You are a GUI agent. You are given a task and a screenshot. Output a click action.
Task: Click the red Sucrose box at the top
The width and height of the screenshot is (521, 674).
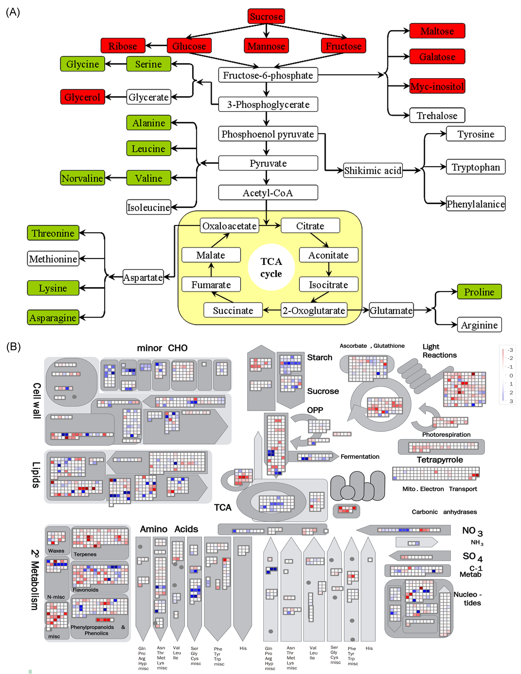[266, 16]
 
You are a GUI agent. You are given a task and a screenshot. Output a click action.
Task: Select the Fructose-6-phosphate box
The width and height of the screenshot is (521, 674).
[268, 75]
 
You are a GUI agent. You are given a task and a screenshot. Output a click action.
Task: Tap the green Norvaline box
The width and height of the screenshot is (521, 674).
[83, 178]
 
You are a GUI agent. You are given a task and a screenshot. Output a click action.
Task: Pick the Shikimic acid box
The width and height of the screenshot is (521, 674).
[373, 170]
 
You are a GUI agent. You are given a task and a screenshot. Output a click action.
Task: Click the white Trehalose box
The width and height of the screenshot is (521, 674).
[437, 115]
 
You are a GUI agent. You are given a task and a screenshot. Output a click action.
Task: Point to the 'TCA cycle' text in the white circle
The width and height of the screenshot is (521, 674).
[271, 267]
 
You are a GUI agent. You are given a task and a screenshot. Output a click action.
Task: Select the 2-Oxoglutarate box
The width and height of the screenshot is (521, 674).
[314, 311]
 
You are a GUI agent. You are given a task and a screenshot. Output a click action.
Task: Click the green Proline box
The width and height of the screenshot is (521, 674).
[479, 292]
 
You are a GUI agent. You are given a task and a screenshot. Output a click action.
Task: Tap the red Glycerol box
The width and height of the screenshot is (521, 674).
[83, 97]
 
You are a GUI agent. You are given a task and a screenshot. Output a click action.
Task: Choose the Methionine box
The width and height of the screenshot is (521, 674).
[53, 259]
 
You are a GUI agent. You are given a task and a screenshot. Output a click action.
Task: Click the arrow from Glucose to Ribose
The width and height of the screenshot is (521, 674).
[156, 46]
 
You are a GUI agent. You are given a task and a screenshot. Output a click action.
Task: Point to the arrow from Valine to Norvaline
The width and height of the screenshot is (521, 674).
[116, 178]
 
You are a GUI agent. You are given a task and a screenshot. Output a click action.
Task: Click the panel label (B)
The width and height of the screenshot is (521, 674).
[13, 347]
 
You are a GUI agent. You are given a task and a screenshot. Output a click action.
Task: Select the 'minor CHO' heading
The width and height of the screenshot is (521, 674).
[162, 348]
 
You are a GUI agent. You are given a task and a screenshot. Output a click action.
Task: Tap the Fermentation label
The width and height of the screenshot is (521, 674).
[360, 456]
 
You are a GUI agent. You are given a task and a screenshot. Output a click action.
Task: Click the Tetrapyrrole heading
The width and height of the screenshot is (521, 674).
[440, 460]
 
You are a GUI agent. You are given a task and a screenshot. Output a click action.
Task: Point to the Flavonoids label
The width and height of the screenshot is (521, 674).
[86, 590]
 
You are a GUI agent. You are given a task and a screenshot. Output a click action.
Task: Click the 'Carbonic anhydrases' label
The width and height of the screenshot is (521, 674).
[444, 512]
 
